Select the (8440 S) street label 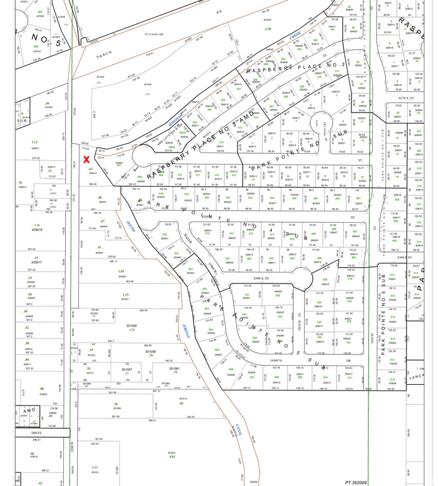[x=276, y=360]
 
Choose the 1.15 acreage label [x=125, y=295]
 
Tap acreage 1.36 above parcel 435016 [x=37, y=225]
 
